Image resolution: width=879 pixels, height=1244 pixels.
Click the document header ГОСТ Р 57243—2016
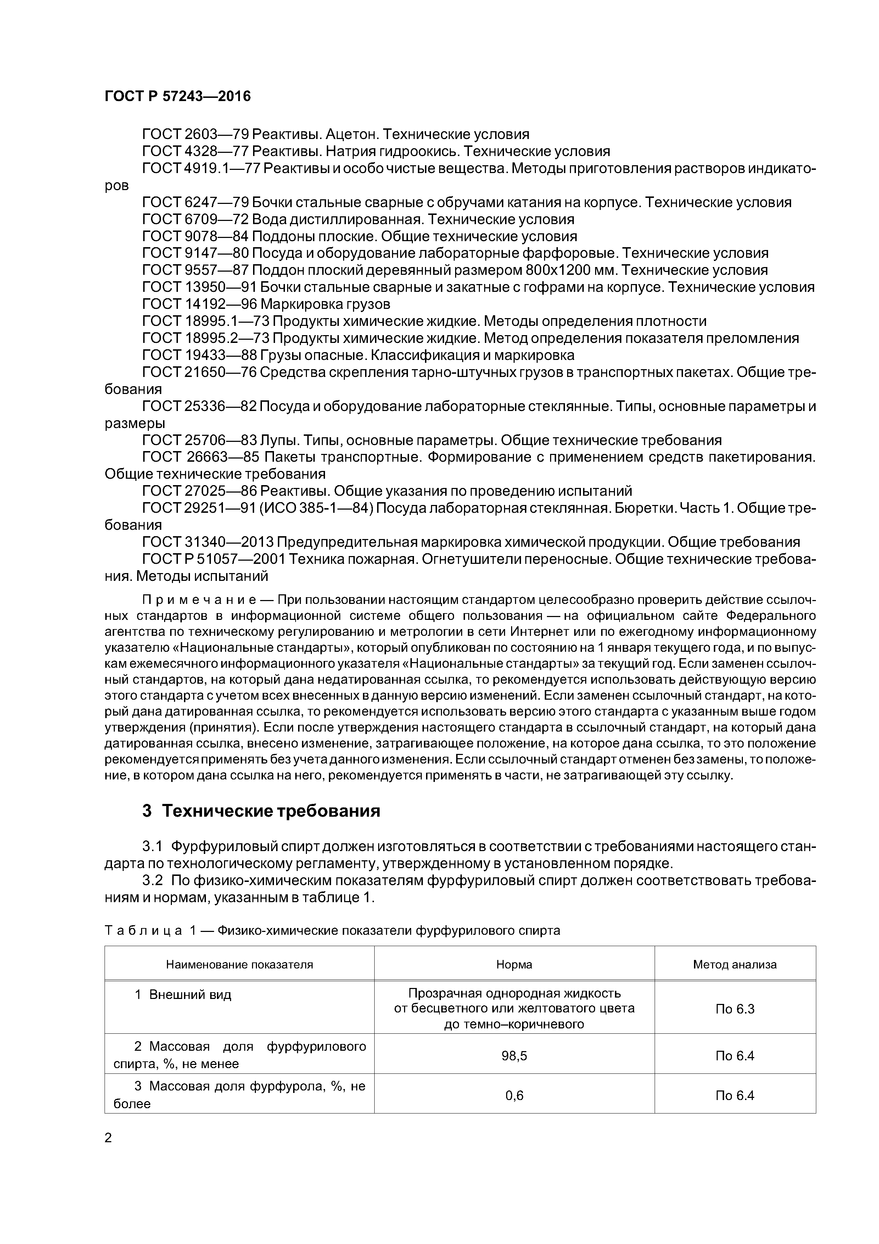178,96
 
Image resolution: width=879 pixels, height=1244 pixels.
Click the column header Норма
514,965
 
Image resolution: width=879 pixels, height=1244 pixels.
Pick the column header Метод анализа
734,965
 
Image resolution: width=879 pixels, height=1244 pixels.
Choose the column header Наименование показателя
239,965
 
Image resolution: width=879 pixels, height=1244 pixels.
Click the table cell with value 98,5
514,1055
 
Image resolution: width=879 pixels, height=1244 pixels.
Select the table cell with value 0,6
514,1095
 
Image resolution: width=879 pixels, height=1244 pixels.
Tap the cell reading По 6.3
734,1009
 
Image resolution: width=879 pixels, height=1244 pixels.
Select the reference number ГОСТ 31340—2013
208,542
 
